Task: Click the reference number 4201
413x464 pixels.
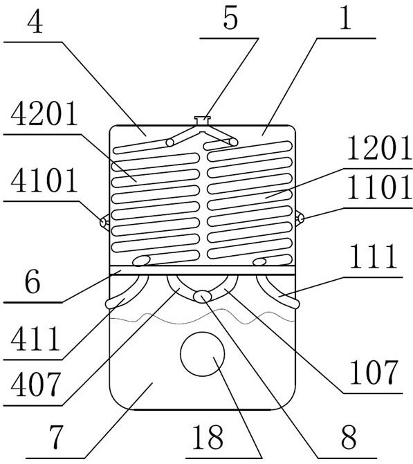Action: [x=44, y=114]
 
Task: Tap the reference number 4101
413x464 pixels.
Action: [x=44, y=180]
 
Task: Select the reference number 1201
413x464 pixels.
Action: [x=379, y=148]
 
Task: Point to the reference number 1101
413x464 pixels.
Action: [x=379, y=187]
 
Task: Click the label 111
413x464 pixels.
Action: [x=374, y=257]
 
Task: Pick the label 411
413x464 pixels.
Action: [x=35, y=339]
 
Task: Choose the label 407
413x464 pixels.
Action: [x=36, y=384]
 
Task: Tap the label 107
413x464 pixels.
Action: [x=374, y=372]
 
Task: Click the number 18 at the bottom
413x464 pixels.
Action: [x=208, y=437]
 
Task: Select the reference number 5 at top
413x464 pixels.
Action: [x=230, y=19]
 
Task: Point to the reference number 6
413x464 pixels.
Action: [x=33, y=282]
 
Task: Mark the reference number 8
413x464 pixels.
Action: [x=349, y=437]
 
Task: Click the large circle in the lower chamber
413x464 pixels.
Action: [x=202, y=354]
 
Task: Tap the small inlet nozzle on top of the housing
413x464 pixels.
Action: [x=202, y=121]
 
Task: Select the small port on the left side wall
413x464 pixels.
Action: [x=104, y=222]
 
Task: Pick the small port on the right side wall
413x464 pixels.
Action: [x=300, y=219]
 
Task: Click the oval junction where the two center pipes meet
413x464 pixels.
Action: [x=203, y=296]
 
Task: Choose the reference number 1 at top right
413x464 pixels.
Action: [x=345, y=19]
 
